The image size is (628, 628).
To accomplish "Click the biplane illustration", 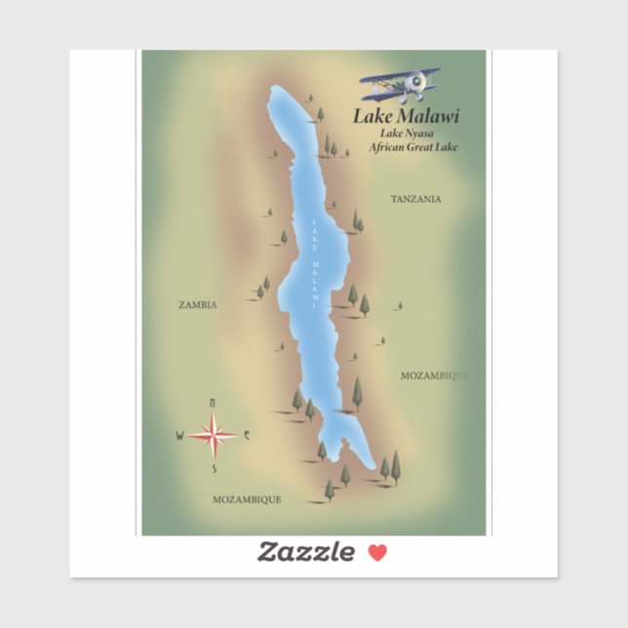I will [401, 85].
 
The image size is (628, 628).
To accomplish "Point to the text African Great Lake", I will [412, 148].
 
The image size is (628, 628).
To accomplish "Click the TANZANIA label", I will [415, 199].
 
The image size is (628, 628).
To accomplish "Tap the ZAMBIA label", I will [197, 304].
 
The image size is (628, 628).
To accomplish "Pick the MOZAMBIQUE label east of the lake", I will [435, 374].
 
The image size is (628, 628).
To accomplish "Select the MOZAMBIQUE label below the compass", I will [247, 499].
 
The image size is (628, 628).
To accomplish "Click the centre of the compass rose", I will [213, 435].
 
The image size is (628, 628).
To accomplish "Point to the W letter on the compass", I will [179, 436].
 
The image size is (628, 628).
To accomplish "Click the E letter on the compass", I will [248, 435].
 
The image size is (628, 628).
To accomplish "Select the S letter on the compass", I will [214, 469].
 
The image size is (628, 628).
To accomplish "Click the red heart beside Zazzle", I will [377, 553].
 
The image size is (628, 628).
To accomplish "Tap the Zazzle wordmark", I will [305, 553].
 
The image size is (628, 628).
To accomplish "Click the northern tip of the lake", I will [276, 89].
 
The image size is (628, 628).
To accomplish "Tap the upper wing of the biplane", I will [400, 74].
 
